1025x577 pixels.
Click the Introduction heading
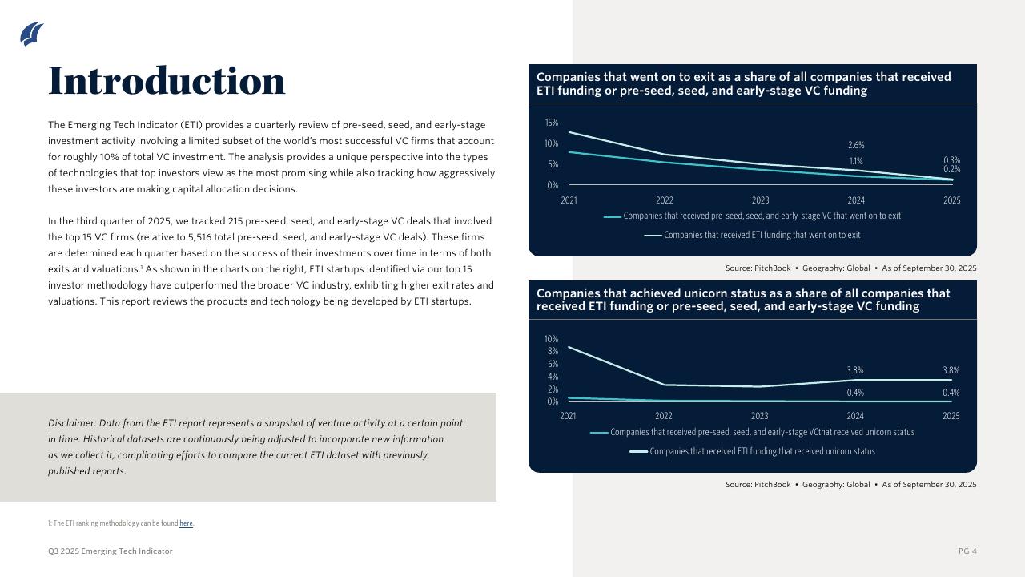pyautogui.click(x=167, y=81)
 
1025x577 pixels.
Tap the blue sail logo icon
pyautogui.click(x=31, y=34)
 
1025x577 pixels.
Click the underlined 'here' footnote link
pyautogui.click(x=186, y=523)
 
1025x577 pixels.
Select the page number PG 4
pyautogui.click(x=967, y=551)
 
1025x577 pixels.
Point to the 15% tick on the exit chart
pyautogui.click(x=551, y=123)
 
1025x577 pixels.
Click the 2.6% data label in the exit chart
pyautogui.click(x=856, y=145)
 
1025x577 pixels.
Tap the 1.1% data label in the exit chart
pyautogui.click(x=856, y=162)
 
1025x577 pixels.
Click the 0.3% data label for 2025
pyautogui.click(x=951, y=160)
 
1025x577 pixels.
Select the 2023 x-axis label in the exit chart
pyautogui.click(x=760, y=200)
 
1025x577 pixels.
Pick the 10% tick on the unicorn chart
pyautogui.click(x=551, y=339)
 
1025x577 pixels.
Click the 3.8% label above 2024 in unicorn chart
pyautogui.click(x=855, y=370)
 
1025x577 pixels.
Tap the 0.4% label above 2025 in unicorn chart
pyautogui.click(x=951, y=393)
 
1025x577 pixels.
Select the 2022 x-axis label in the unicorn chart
pyautogui.click(x=664, y=416)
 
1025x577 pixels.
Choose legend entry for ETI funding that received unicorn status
pyautogui.click(x=762, y=451)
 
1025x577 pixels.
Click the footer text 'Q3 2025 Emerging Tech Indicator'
pyautogui.click(x=111, y=551)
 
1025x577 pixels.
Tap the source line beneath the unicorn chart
pyautogui.click(x=850, y=485)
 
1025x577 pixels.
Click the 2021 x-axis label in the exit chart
pyautogui.click(x=569, y=200)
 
